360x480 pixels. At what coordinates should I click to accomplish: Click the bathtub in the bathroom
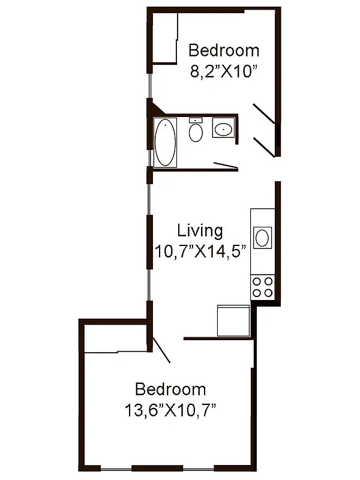(166, 142)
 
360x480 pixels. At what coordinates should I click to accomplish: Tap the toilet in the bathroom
(196, 132)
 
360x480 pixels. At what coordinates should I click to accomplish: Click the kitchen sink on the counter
(263, 238)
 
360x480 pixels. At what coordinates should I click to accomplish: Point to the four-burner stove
(263, 287)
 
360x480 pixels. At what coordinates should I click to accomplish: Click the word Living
(200, 230)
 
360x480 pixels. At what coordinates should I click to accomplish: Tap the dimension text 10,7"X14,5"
(202, 251)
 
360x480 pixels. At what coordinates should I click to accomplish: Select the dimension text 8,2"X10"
(223, 71)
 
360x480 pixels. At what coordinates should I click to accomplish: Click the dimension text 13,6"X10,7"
(170, 411)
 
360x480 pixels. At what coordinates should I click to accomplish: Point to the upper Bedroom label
(224, 50)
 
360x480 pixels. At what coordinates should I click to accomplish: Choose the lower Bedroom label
(170, 390)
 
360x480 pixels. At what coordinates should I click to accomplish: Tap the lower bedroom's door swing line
(162, 350)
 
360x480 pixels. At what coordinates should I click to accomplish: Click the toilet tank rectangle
(196, 121)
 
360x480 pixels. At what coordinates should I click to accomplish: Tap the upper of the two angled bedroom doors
(264, 113)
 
